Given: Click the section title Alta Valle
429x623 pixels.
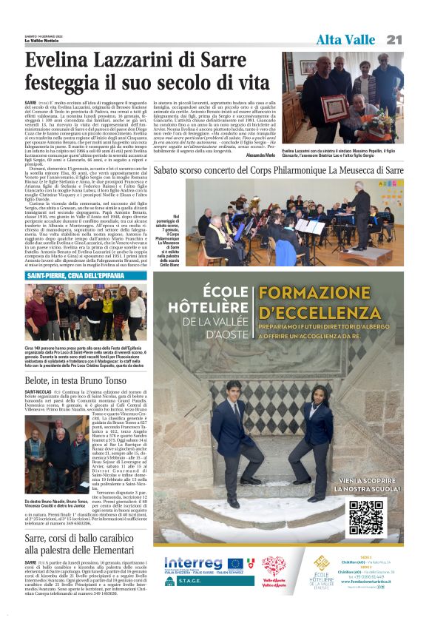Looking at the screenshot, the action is (x=345, y=39).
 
